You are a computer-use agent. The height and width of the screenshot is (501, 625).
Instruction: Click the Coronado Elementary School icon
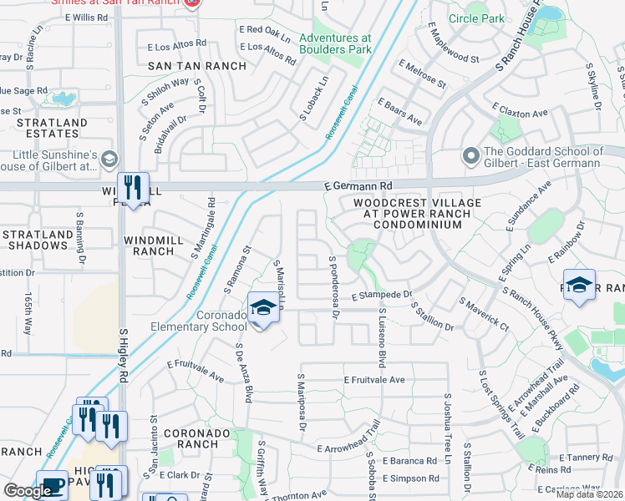click(262, 308)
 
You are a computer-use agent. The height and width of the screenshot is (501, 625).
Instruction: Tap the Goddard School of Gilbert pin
click(470, 156)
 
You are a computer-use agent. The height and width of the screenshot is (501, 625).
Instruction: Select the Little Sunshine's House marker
click(109, 158)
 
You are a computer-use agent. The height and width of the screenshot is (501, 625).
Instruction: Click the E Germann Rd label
click(358, 186)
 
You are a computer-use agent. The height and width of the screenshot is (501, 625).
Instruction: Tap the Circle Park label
click(500, 18)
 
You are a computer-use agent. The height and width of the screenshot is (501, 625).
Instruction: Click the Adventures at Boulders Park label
click(335, 43)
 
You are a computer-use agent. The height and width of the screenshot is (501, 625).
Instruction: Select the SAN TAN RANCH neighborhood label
click(197, 66)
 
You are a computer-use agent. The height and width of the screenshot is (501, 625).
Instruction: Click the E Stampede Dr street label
click(382, 295)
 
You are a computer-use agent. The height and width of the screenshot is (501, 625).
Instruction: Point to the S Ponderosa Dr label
click(333, 286)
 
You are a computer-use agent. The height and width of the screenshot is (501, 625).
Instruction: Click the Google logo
click(28, 491)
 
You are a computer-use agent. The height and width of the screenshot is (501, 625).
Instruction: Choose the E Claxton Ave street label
click(520, 111)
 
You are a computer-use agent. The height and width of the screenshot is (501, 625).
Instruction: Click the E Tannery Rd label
click(587, 457)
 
